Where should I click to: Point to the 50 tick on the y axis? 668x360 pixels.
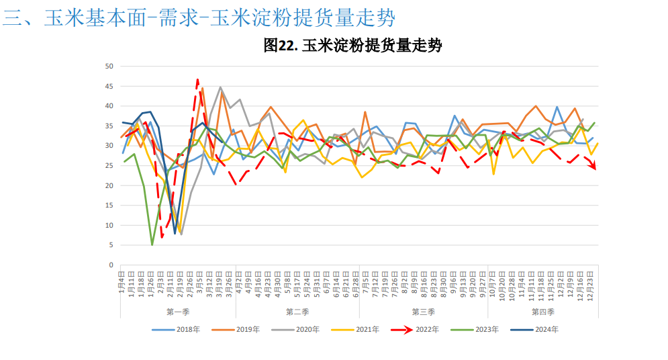[109, 66]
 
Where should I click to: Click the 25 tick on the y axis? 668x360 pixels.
[109, 165]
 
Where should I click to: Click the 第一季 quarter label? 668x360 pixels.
[179, 312]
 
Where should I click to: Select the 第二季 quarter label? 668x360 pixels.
[297, 312]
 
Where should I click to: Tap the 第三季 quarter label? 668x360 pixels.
[423, 312]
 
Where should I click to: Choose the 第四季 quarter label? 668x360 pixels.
[542, 312]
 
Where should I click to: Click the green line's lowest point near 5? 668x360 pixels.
[152, 244]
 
